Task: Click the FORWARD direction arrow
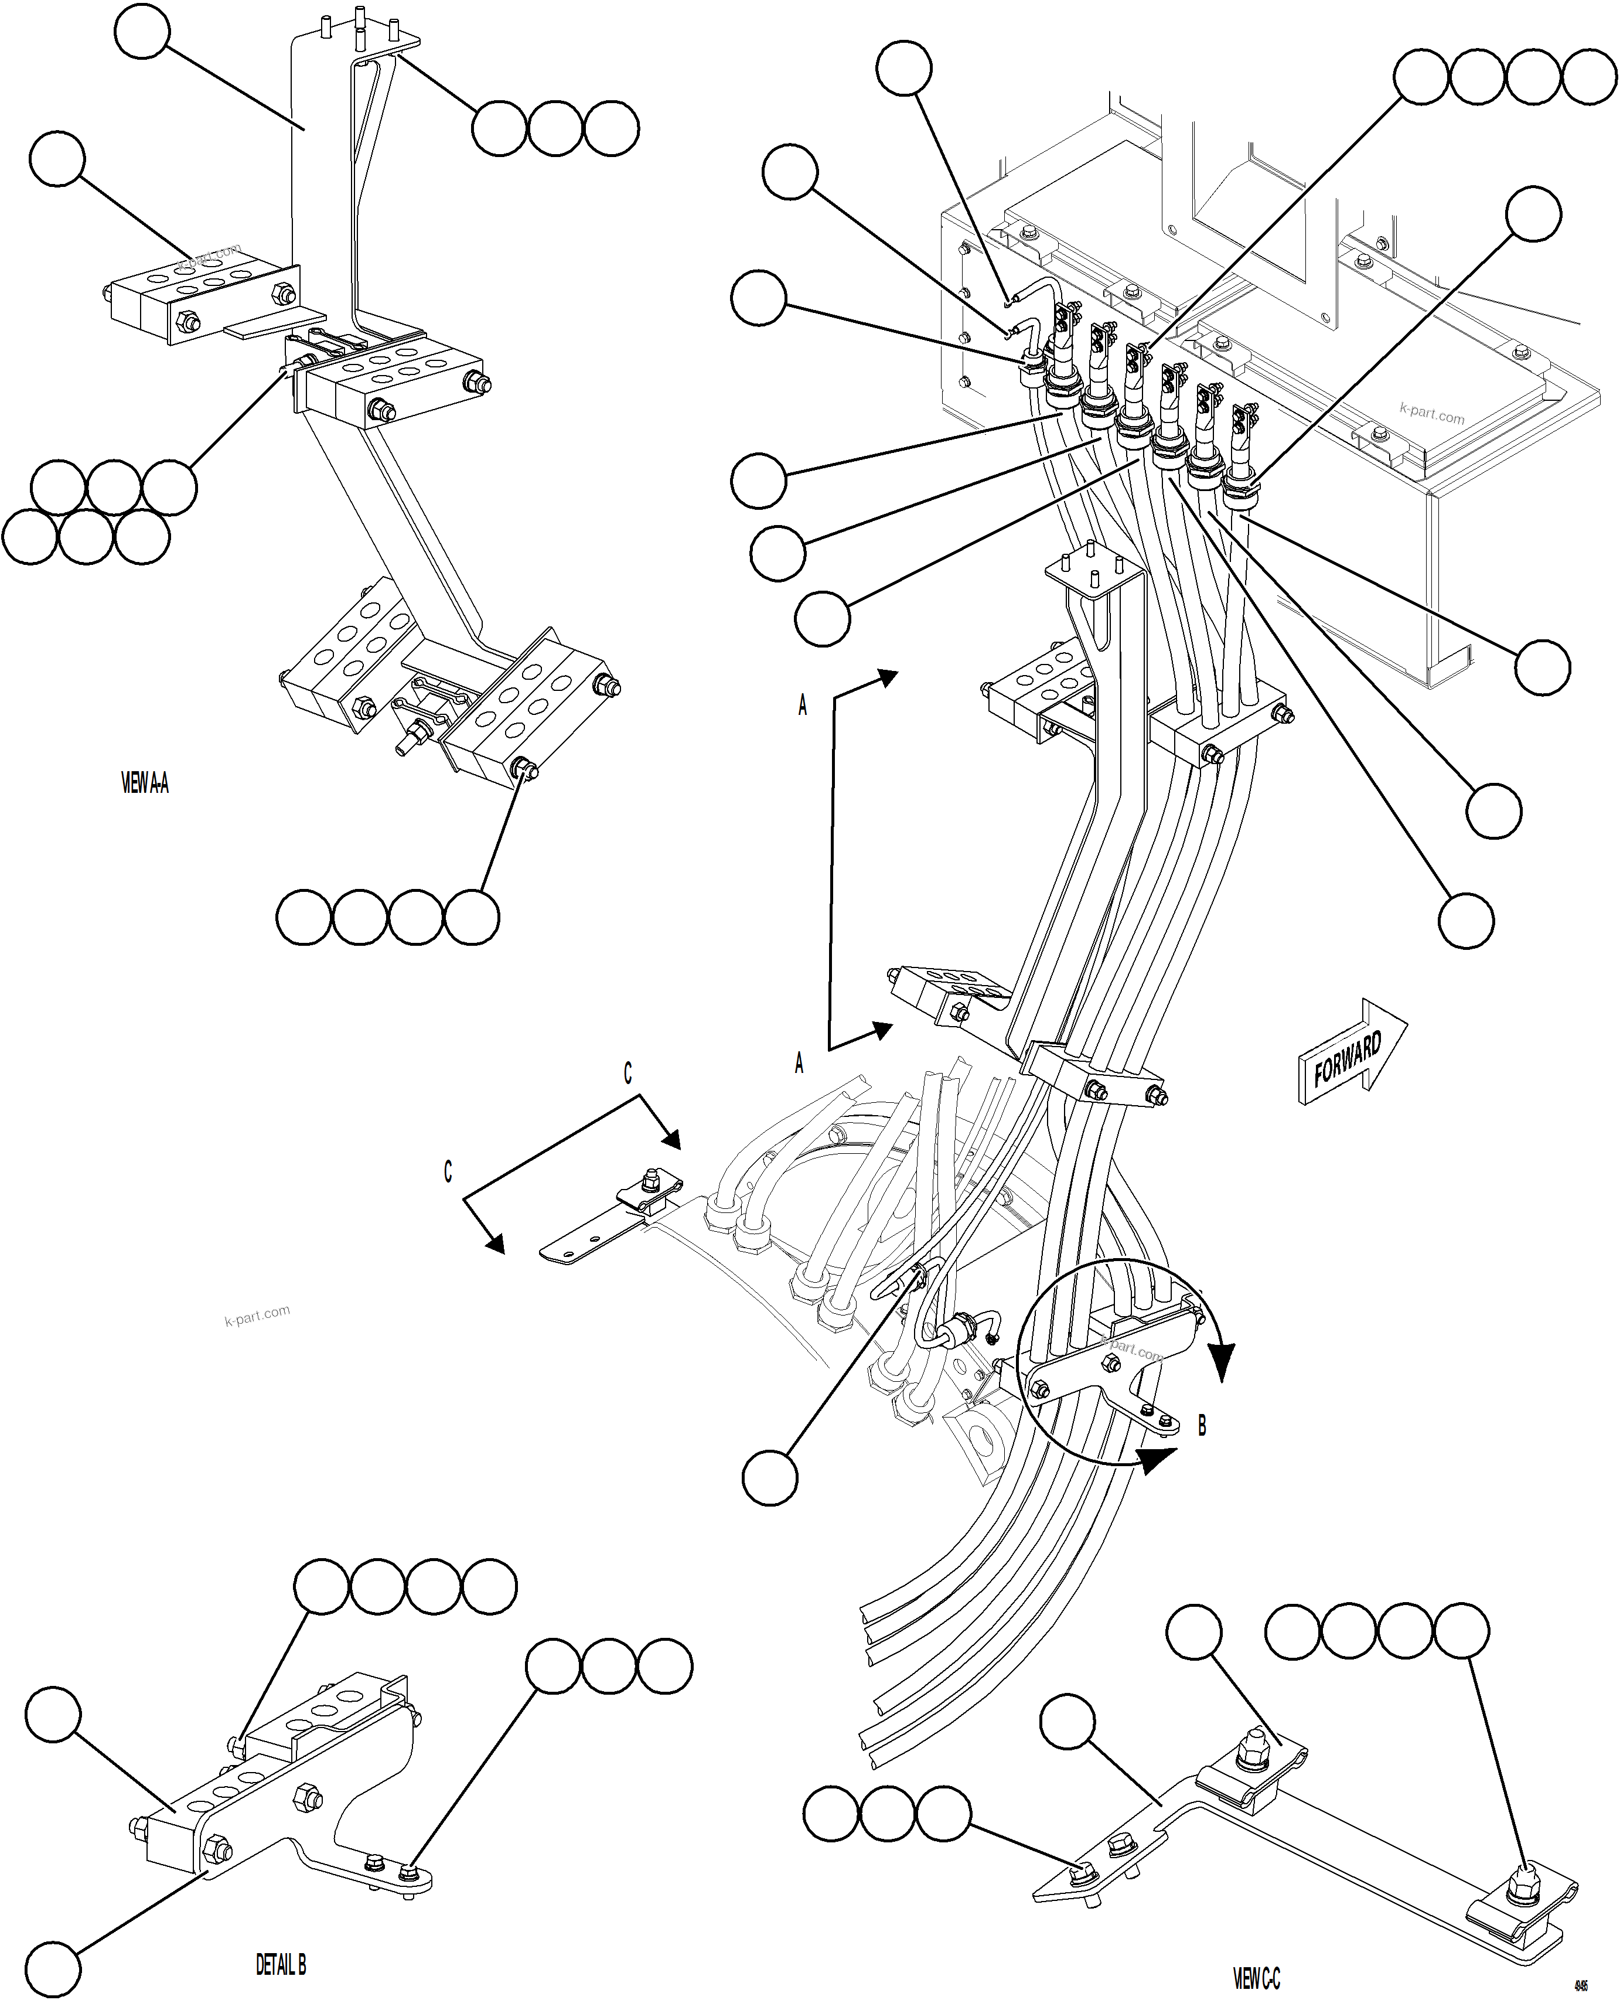tap(1350, 1055)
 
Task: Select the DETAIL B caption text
tap(281, 1964)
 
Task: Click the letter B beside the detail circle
tap(1202, 1426)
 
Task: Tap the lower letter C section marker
tap(448, 1172)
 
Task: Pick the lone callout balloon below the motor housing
tap(770, 1477)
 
